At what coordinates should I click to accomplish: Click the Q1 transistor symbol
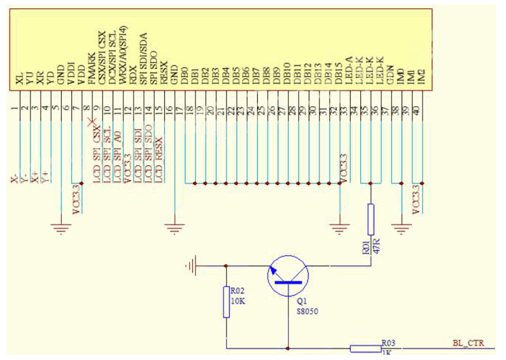tap(288, 275)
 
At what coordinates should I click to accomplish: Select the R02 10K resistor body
tap(226, 301)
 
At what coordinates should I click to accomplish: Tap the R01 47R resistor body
tap(370, 219)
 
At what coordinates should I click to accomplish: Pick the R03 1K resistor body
tap(365, 348)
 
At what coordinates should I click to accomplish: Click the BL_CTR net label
tap(467, 343)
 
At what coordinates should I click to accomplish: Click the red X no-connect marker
tap(93, 122)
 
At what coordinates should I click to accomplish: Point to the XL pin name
tap(20, 80)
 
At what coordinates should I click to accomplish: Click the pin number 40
tap(416, 111)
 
